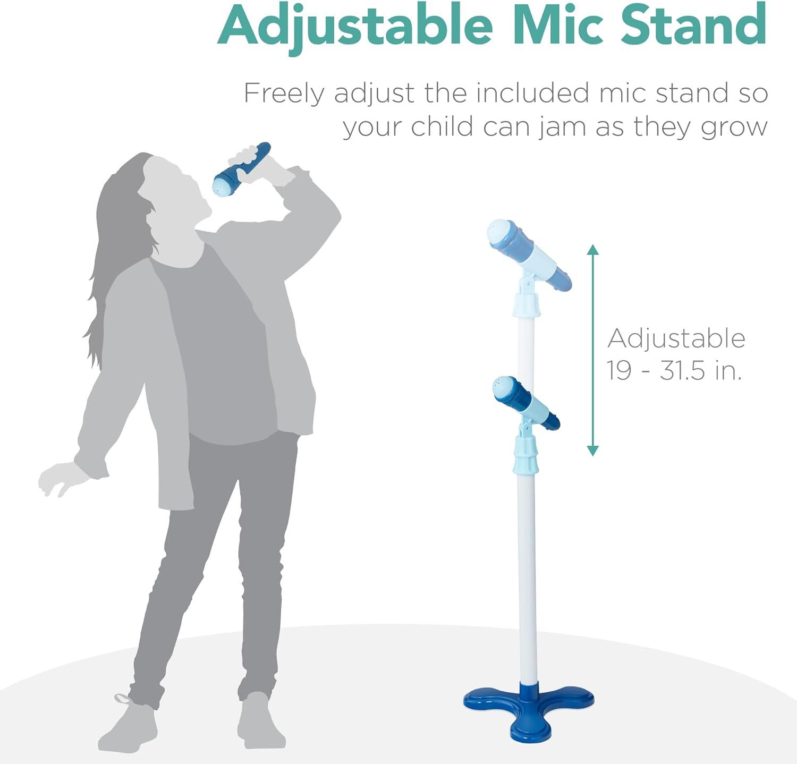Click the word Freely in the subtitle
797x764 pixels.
[283, 95]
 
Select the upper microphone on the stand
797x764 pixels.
[529, 254]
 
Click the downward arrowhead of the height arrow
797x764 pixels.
[593, 451]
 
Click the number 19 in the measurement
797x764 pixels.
[620, 370]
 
